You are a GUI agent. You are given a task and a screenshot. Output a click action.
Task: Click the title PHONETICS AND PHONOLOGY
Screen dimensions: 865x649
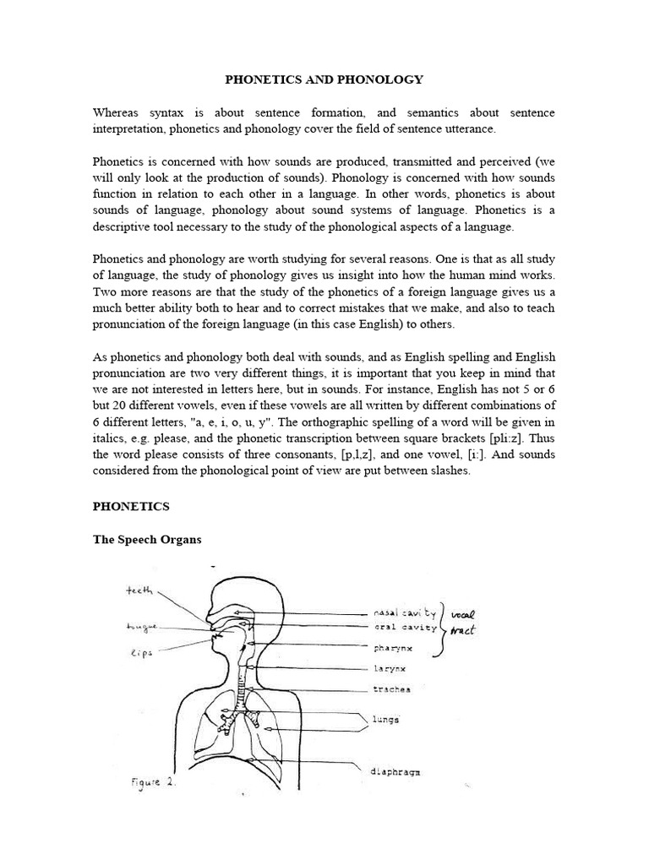(x=324, y=79)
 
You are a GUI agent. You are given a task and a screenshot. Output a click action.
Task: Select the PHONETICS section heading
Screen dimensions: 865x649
(x=131, y=506)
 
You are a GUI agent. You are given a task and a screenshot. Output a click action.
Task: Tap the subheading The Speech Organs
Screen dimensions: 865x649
(x=147, y=540)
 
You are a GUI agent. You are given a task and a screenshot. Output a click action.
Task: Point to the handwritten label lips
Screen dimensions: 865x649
(x=141, y=651)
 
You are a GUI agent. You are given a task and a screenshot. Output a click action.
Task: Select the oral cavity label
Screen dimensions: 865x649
(x=405, y=628)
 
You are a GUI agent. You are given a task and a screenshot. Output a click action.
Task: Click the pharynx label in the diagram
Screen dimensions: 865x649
(x=392, y=649)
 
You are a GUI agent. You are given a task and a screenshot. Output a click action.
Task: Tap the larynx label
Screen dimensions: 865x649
(x=389, y=669)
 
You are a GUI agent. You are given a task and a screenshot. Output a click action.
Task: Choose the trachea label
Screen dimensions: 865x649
(x=391, y=689)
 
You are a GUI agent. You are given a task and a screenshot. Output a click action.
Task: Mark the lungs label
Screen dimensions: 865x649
(x=385, y=720)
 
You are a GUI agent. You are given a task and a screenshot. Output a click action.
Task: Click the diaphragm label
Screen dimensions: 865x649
(x=397, y=772)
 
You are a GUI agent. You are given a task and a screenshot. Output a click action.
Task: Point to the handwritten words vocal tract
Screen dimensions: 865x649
(x=461, y=621)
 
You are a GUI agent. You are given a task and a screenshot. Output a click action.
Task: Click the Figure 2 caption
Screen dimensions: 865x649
(x=153, y=783)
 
